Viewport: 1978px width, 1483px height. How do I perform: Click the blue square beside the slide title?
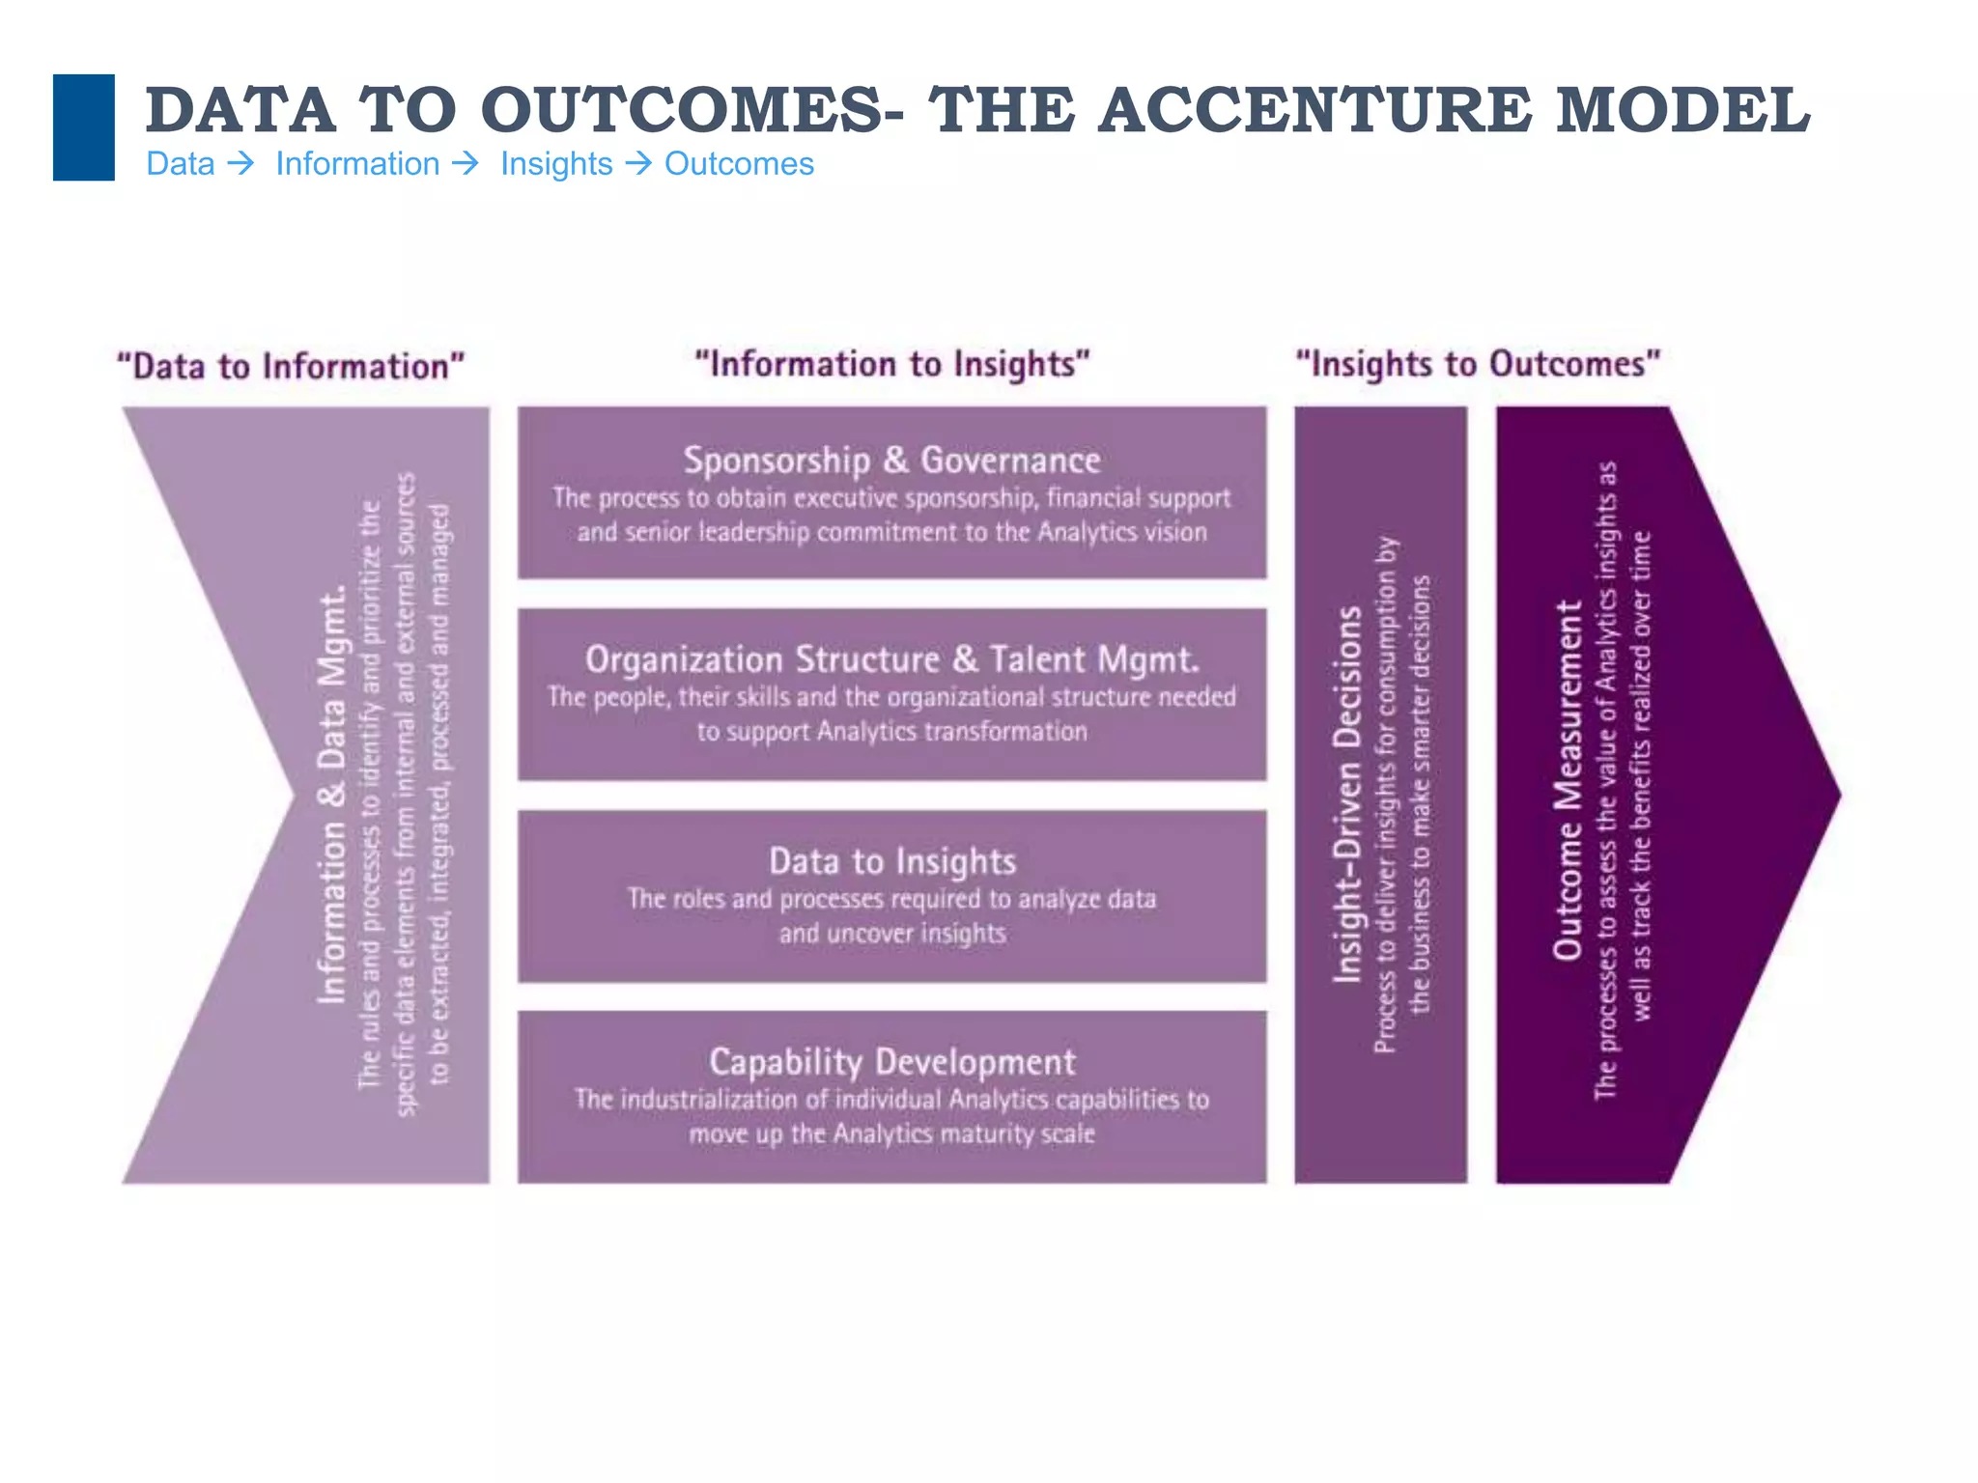click(84, 127)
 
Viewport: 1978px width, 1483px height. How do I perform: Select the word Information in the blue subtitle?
click(357, 164)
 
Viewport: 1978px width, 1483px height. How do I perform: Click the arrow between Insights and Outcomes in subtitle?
click(638, 164)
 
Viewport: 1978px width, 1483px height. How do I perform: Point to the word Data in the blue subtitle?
click(181, 164)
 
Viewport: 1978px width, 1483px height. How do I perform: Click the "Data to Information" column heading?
click(291, 367)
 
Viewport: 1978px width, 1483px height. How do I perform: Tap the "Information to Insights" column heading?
click(892, 364)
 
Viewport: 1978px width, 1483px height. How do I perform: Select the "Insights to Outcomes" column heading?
click(1478, 364)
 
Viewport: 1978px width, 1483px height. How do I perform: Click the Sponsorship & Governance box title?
click(892, 460)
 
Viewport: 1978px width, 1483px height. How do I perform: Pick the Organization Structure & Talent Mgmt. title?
click(892, 659)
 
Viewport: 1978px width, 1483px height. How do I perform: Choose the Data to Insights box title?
click(892, 860)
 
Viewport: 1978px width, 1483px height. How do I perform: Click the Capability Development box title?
click(892, 1061)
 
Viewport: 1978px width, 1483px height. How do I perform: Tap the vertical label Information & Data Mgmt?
click(331, 794)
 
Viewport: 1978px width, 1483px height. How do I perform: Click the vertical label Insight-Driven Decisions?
click(1347, 794)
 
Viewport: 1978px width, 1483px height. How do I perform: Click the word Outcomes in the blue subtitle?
click(739, 164)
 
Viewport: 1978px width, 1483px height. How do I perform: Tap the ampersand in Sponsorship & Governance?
click(895, 460)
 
